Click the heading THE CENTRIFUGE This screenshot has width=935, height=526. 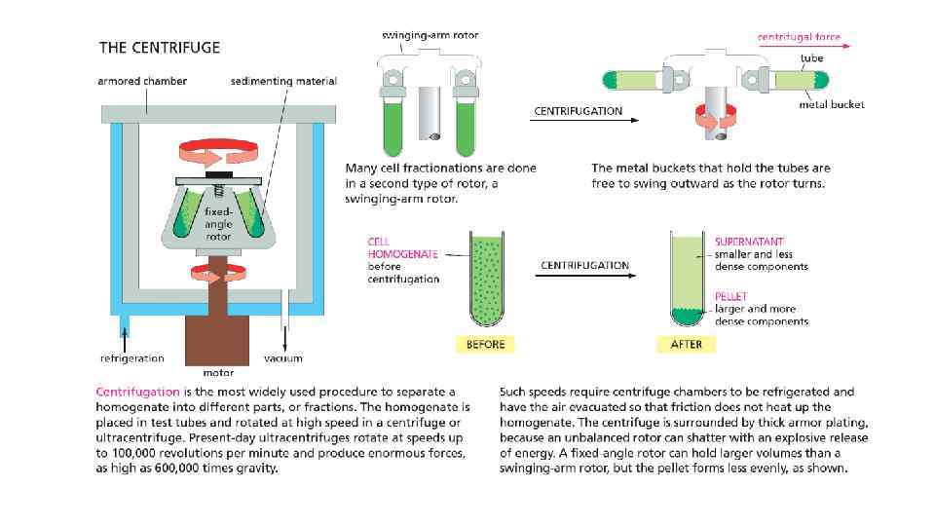coord(160,47)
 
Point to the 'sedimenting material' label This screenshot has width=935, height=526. coord(283,82)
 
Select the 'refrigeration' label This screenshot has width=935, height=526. coord(131,358)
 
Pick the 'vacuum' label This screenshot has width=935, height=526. coord(283,358)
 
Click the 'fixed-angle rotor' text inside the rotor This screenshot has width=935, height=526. coord(217,223)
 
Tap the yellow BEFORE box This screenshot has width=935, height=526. coord(485,345)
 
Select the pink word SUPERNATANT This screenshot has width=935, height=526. coord(749,242)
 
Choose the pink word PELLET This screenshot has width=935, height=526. coord(730,295)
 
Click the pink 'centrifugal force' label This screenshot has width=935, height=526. coord(799,37)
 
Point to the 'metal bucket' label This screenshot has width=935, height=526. coord(832,104)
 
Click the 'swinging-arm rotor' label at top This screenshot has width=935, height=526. coord(429,36)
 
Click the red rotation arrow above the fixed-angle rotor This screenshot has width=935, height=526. coord(217,153)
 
